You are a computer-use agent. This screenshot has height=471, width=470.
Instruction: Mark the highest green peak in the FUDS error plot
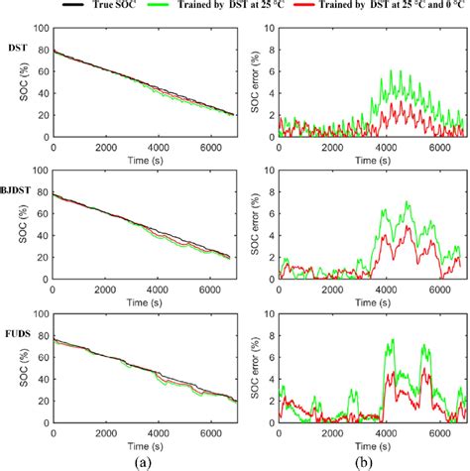pyautogui.click(x=392, y=339)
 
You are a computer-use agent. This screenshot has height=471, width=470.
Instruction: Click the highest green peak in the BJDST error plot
pyautogui.click(x=407, y=201)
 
